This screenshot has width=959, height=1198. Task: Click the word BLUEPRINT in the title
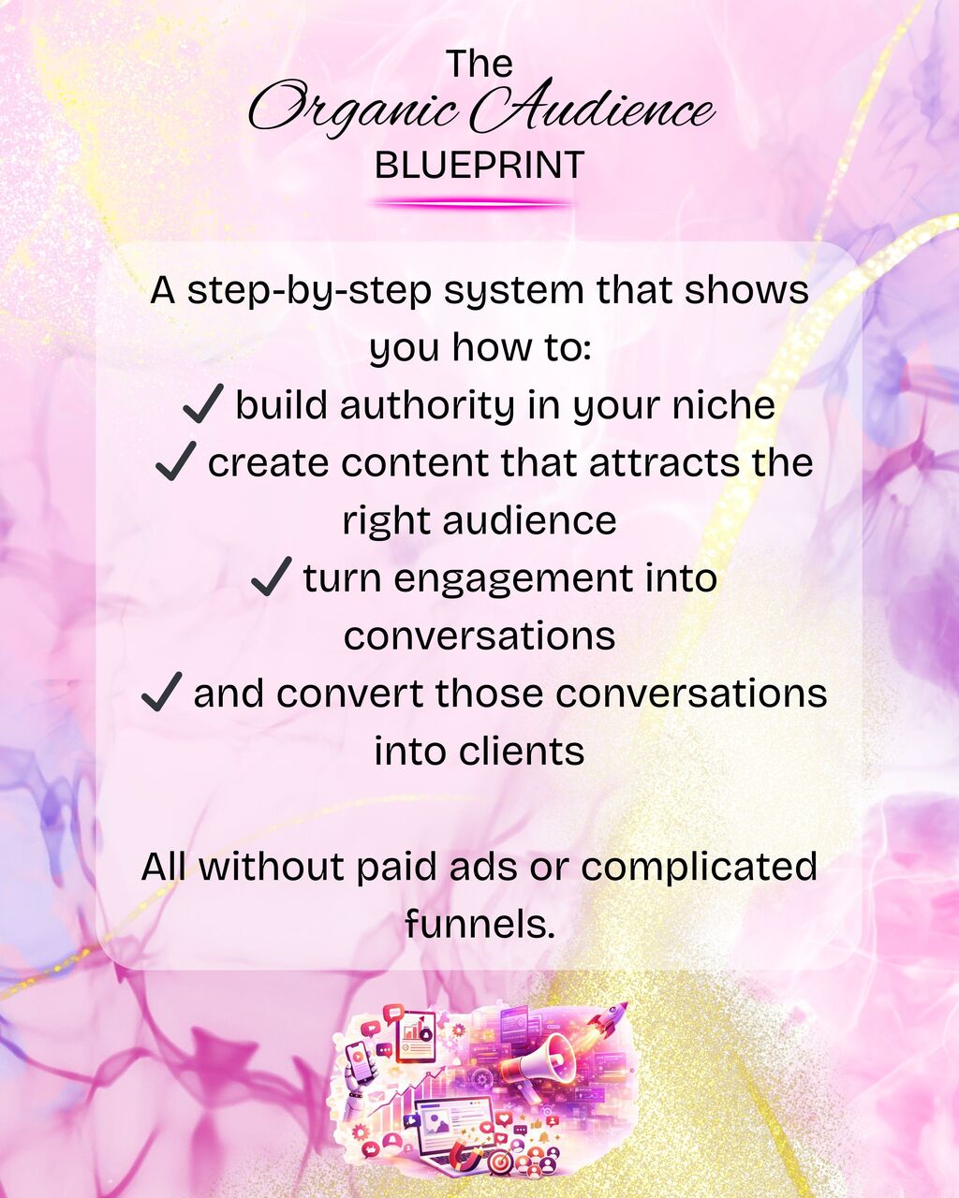click(479, 165)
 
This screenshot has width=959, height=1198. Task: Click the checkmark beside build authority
click(203, 403)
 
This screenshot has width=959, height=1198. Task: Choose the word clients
click(522, 751)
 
